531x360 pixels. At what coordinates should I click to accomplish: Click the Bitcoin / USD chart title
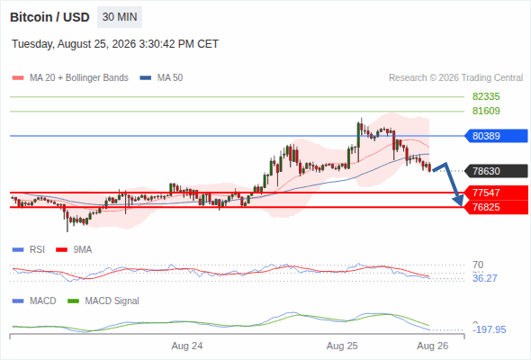pyautogui.click(x=49, y=17)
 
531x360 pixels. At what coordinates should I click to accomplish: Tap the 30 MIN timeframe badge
pyautogui.click(x=120, y=17)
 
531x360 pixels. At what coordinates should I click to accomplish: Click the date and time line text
pyautogui.click(x=115, y=44)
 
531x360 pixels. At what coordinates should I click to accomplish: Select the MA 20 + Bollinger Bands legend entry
pyautogui.click(x=70, y=78)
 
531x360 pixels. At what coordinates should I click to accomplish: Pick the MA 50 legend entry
pyautogui.click(x=161, y=78)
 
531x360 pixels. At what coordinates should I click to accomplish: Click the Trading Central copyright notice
pyautogui.click(x=455, y=78)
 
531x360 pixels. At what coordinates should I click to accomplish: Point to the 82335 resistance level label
pyautogui.click(x=486, y=96)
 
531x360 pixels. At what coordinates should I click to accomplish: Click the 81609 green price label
pyautogui.click(x=486, y=111)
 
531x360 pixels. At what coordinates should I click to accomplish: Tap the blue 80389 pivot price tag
pyautogui.click(x=496, y=136)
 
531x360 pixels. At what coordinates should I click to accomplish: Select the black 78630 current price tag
pyautogui.click(x=496, y=171)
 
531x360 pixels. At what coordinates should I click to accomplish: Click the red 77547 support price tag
pyautogui.click(x=496, y=193)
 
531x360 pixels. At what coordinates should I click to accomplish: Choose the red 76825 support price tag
pyautogui.click(x=496, y=207)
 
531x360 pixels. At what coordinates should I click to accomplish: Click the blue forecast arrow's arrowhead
pyautogui.click(x=459, y=201)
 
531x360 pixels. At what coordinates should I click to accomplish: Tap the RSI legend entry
pyautogui.click(x=29, y=249)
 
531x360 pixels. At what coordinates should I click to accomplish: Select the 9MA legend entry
pyautogui.click(x=74, y=249)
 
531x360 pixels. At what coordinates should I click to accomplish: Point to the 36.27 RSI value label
pyautogui.click(x=485, y=278)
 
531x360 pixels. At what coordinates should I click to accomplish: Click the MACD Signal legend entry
pyautogui.click(x=103, y=301)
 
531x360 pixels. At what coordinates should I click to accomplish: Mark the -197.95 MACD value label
pyautogui.click(x=490, y=329)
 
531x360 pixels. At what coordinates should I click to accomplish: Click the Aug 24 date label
pyautogui.click(x=187, y=346)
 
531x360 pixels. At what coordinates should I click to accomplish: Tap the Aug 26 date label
pyautogui.click(x=433, y=346)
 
